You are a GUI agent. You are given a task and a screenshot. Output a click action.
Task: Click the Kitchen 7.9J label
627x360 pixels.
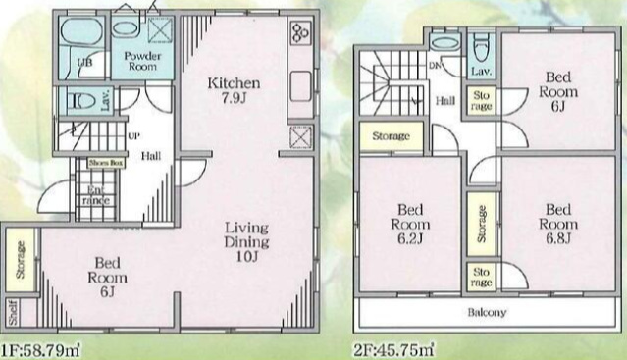coord(232,91)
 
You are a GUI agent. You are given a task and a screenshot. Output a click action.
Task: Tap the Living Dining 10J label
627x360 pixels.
coord(244,239)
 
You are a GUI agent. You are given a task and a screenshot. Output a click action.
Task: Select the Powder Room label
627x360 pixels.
coord(142,61)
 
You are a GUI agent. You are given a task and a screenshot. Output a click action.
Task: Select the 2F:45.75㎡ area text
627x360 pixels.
coord(393,346)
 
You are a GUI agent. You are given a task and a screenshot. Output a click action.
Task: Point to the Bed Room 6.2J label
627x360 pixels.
coord(411,225)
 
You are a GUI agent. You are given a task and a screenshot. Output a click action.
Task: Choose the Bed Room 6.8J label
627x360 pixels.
coord(558,225)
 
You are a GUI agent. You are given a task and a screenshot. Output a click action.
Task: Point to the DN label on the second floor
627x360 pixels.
coord(433,65)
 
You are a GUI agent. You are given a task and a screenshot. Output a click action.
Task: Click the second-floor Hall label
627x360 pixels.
coord(445,100)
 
